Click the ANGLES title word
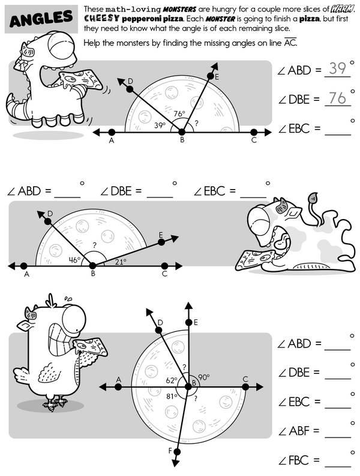(41, 19)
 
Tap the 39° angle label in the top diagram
(160, 125)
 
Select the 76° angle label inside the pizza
(179, 114)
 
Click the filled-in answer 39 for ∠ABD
(337, 68)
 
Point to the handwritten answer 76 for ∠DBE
(337, 98)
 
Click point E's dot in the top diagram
(211, 76)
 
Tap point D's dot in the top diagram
(130, 89)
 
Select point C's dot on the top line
(254, 133)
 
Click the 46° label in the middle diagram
(74, 259)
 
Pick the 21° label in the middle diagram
(121, 262)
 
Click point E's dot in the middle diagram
(161, 242)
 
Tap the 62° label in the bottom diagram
(172, 380)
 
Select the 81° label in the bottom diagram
(172, 396)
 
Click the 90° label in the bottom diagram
(203, 377)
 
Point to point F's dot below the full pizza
(177, 453)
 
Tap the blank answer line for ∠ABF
(338, 438)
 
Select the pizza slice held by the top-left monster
(81, 80)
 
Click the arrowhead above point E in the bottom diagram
(189, 306)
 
